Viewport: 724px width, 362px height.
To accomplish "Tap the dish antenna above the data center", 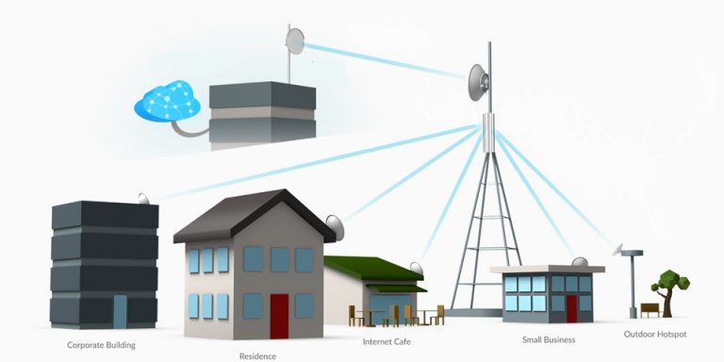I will point(295,41).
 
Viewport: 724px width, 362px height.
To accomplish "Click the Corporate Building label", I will point(101,345).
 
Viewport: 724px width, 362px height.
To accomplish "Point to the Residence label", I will point(256,356).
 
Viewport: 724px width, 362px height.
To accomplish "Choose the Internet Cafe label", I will point(386,341).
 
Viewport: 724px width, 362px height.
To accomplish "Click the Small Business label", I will point(548,339).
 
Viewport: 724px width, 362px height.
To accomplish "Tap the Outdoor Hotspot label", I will point(656,335).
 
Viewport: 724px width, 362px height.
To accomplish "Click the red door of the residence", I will point(279,316).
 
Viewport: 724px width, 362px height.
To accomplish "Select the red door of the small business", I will point(571,308).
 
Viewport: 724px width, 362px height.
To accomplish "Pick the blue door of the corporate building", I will point(120,311).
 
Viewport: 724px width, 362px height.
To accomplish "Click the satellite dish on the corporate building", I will point(143,199).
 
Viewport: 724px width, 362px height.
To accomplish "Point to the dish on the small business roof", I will point(579,261).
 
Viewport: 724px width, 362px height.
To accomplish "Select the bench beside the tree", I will point(650,309).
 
